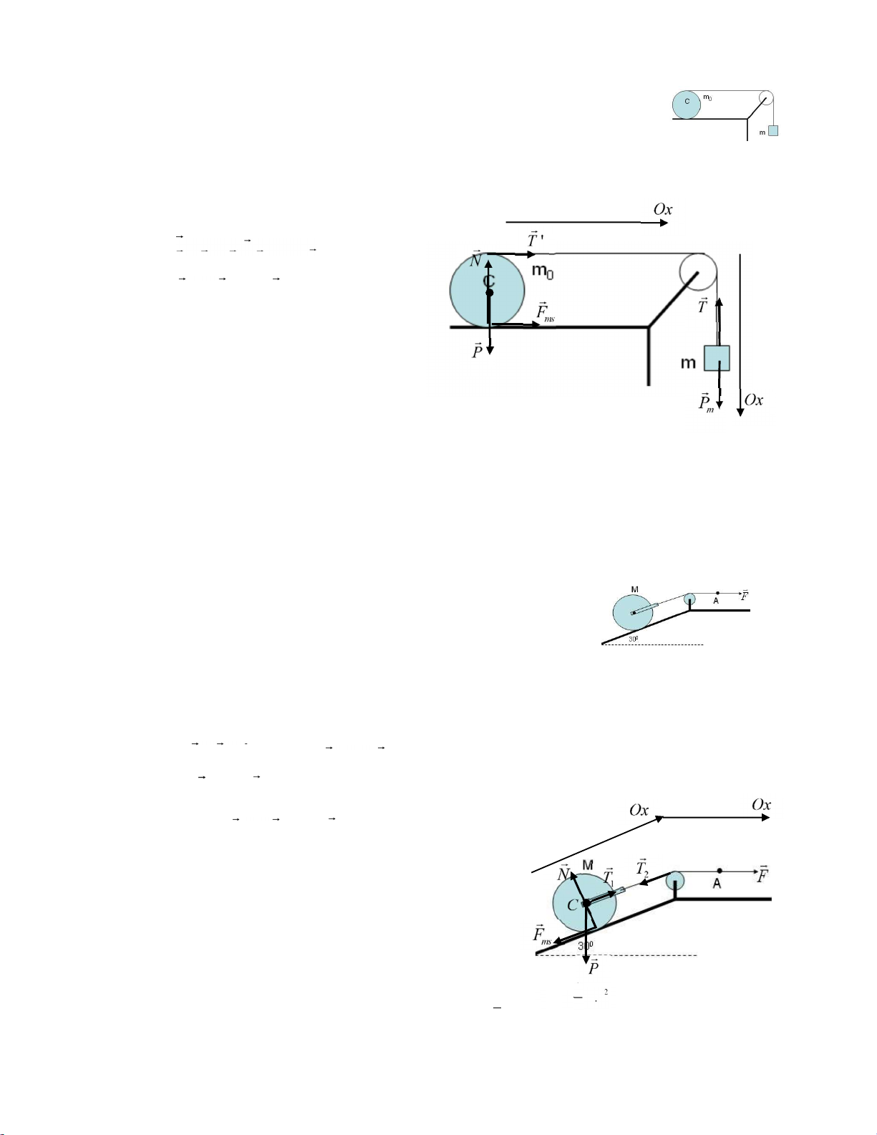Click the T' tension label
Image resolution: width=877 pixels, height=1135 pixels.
click(x=535, y=240)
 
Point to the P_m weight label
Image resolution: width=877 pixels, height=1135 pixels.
click(x=706, y=403)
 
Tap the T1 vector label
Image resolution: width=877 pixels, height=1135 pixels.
click(x=608, y=876)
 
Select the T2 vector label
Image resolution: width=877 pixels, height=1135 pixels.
click(x=642, y=868)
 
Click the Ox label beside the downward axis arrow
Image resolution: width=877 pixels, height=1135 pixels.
click(x=754, y=400)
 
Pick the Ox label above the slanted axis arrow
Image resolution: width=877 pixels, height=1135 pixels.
click(x=639, y=810)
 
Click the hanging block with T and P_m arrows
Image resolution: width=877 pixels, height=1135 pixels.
click(x=717, y=358)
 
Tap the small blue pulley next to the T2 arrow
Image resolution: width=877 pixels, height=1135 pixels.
click(x=675, y=881)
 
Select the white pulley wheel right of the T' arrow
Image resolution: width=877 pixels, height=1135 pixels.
click(x=698, y=271)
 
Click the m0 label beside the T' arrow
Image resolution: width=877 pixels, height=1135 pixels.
click(x=543, y=271)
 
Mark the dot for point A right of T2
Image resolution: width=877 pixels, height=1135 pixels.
click(x=719, y=871)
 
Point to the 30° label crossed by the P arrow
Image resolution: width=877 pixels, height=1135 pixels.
click(x=585, y=945)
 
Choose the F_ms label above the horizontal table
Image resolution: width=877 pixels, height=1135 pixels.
click(x=546, y=312)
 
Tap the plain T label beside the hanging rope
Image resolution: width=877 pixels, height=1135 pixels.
click(x=703, y=306)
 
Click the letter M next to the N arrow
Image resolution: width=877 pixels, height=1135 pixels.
click(x=588, y=865)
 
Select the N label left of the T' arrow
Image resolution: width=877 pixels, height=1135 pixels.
click(x=476, y=259)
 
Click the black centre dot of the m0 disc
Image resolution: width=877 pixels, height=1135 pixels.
click(x=490, y=293)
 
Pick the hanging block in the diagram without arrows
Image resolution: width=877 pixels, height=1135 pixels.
click(x=773, y=131)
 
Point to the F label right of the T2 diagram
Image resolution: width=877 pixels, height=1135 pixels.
click(x=763, y=874)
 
